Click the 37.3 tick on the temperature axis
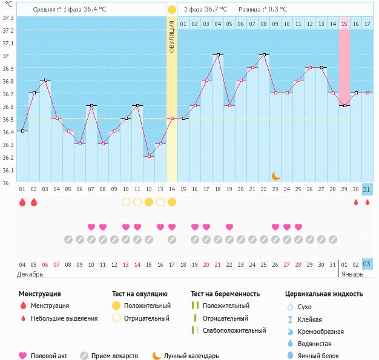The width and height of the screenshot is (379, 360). click(x=8, y=17)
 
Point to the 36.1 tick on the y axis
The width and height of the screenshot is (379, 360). click(x=8, y=170)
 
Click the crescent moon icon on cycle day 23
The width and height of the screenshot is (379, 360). click(x=275, y=175)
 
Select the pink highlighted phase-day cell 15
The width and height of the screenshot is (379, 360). click(x=344, y=24)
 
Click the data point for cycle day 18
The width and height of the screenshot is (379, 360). click(x=218, y=54)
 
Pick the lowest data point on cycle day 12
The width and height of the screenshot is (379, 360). click(x=149, y=156)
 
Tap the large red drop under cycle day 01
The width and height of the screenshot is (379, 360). click(x=22, y=202)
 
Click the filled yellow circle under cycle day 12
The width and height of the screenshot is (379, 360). click(x=149, y=202)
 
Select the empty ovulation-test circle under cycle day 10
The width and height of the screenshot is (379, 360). click(x=126, y=202)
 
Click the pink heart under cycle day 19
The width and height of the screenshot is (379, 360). click(x=229, y=227)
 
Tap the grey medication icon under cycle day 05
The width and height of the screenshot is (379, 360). click(x=68, y=240)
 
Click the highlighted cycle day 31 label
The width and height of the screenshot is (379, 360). click(x=367, y=189)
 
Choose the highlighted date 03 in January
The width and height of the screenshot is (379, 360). click(x=367, y=264)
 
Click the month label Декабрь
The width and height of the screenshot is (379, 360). click(x=30, y=274)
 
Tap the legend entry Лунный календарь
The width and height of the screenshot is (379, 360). click(x=191, y=356)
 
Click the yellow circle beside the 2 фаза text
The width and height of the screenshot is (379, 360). click(x=172, y=10)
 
